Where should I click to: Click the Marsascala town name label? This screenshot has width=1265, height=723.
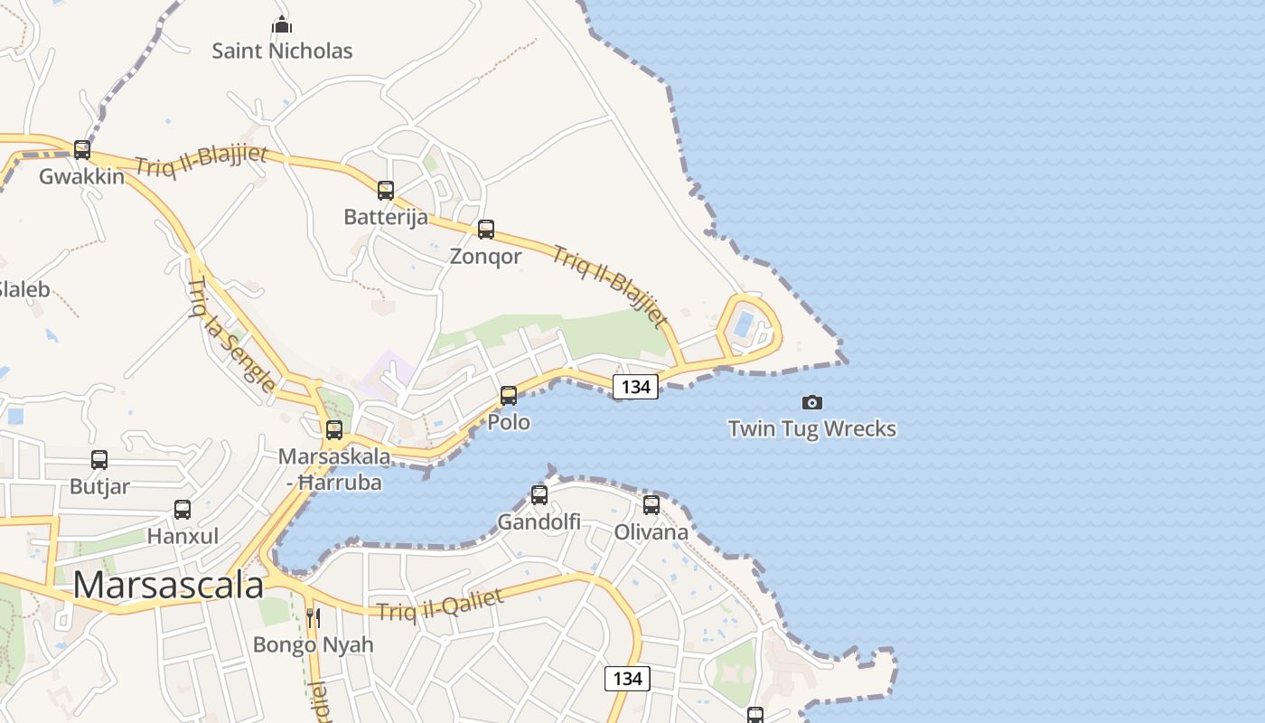[168, 585]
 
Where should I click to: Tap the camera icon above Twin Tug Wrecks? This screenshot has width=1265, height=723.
[812, 402]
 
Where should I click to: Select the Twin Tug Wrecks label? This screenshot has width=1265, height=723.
[812, 428]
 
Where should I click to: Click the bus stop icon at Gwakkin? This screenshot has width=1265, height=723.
[82, 150]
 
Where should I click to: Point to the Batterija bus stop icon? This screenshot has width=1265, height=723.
[386, 191]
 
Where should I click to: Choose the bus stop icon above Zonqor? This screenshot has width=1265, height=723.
[486, 230]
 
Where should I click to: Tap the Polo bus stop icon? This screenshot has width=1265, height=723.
[509, 396]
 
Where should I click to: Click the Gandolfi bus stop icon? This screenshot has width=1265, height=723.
[539, 495]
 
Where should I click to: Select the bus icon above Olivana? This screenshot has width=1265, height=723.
[651, 505]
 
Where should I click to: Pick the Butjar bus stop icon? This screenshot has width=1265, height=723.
[99, 460]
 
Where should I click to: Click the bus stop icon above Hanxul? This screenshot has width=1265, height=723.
[183, 510]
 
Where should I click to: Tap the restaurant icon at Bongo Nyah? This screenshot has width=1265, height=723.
[313, 618]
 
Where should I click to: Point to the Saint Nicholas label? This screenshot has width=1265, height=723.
[282, 51]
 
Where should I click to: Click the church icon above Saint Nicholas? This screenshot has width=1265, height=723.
[282, 24]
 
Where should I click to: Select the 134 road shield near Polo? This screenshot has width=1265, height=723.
[636, 386]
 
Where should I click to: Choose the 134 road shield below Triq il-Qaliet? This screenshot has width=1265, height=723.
[627, 678]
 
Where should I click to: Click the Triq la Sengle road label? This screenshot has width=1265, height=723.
[231, 335]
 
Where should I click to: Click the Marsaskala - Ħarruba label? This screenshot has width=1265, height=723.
[334, 469]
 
